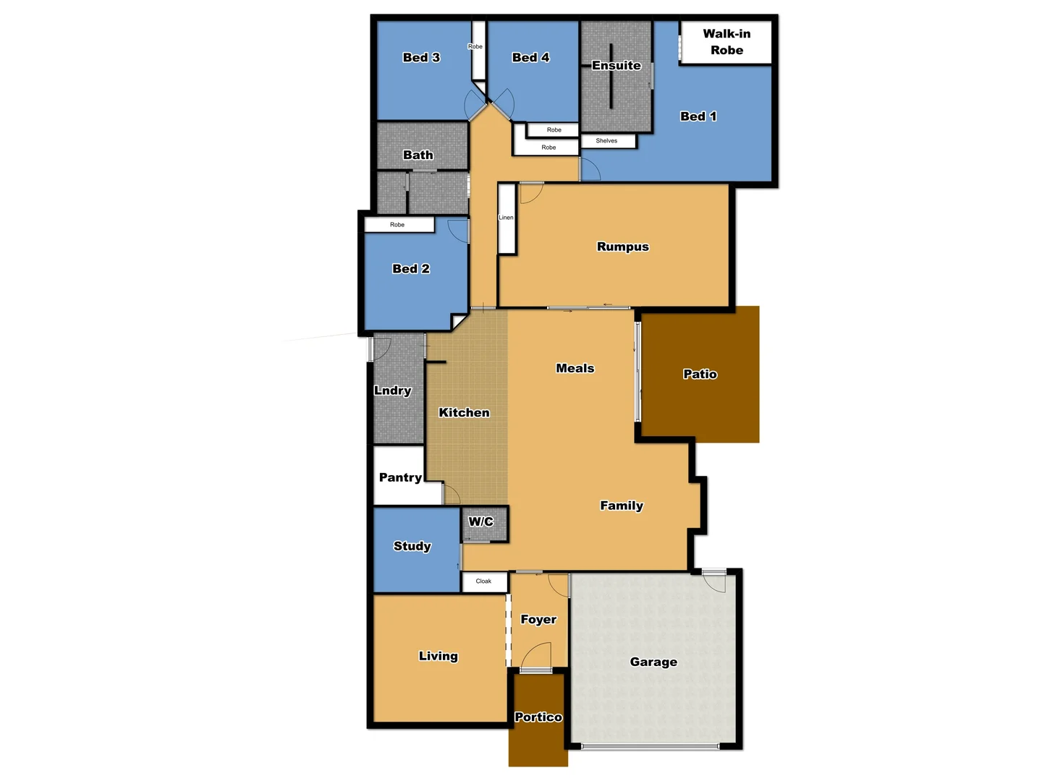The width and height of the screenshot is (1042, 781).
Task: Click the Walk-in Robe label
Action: tap(727, 42)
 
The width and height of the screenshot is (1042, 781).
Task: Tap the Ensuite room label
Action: tap(616, 66)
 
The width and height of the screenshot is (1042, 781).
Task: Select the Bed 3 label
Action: tap(421, 58)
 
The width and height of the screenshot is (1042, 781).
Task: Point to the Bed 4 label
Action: tap(530, 58)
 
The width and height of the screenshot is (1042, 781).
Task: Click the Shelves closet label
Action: tap(606, 141)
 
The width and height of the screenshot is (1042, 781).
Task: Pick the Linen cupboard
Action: tap(507, 218)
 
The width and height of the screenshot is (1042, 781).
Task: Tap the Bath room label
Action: tap(418, 155)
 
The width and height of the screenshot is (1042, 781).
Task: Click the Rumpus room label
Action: tap(622, 247)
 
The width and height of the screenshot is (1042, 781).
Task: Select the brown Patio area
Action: tap(700, 374)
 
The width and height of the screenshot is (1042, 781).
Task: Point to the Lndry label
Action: tap(393, 390)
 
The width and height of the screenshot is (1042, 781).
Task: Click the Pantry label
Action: tap(400, 477)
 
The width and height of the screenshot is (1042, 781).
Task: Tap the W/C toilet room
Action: tap(481, 521)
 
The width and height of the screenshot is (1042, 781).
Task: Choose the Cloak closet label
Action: tap(483, 581)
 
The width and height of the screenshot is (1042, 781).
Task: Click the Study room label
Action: tap(412, 546)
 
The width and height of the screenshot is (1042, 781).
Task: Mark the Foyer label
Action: tap(538, 620)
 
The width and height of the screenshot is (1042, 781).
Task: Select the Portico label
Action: tap(538, 717)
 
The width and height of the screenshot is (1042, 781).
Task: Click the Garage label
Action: tap(653, 662)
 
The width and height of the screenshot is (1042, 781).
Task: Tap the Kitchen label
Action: tap(464, 413)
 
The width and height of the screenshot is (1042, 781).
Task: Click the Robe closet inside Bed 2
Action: tap(398, 225)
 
